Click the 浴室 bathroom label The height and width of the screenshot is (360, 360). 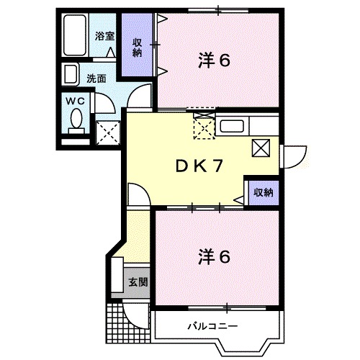104,36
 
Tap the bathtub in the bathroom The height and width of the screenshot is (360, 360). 75,35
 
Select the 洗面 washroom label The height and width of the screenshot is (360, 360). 96,78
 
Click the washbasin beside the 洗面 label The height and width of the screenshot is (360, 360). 70,74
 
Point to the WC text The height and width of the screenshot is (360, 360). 76,102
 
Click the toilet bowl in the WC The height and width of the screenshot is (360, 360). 77,120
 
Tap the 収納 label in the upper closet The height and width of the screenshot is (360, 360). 138,48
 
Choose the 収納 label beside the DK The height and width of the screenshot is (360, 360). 264,192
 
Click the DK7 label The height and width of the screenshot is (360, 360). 199,166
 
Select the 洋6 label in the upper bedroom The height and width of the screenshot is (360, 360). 214,60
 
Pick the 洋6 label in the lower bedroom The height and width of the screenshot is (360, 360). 214,257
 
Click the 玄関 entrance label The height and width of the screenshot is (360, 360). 138,282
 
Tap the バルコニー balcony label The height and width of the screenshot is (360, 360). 213,326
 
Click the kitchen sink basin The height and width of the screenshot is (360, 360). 232,126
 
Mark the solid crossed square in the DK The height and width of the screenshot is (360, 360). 261,148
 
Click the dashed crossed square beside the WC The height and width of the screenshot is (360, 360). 108,132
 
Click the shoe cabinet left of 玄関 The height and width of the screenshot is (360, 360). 117,275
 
